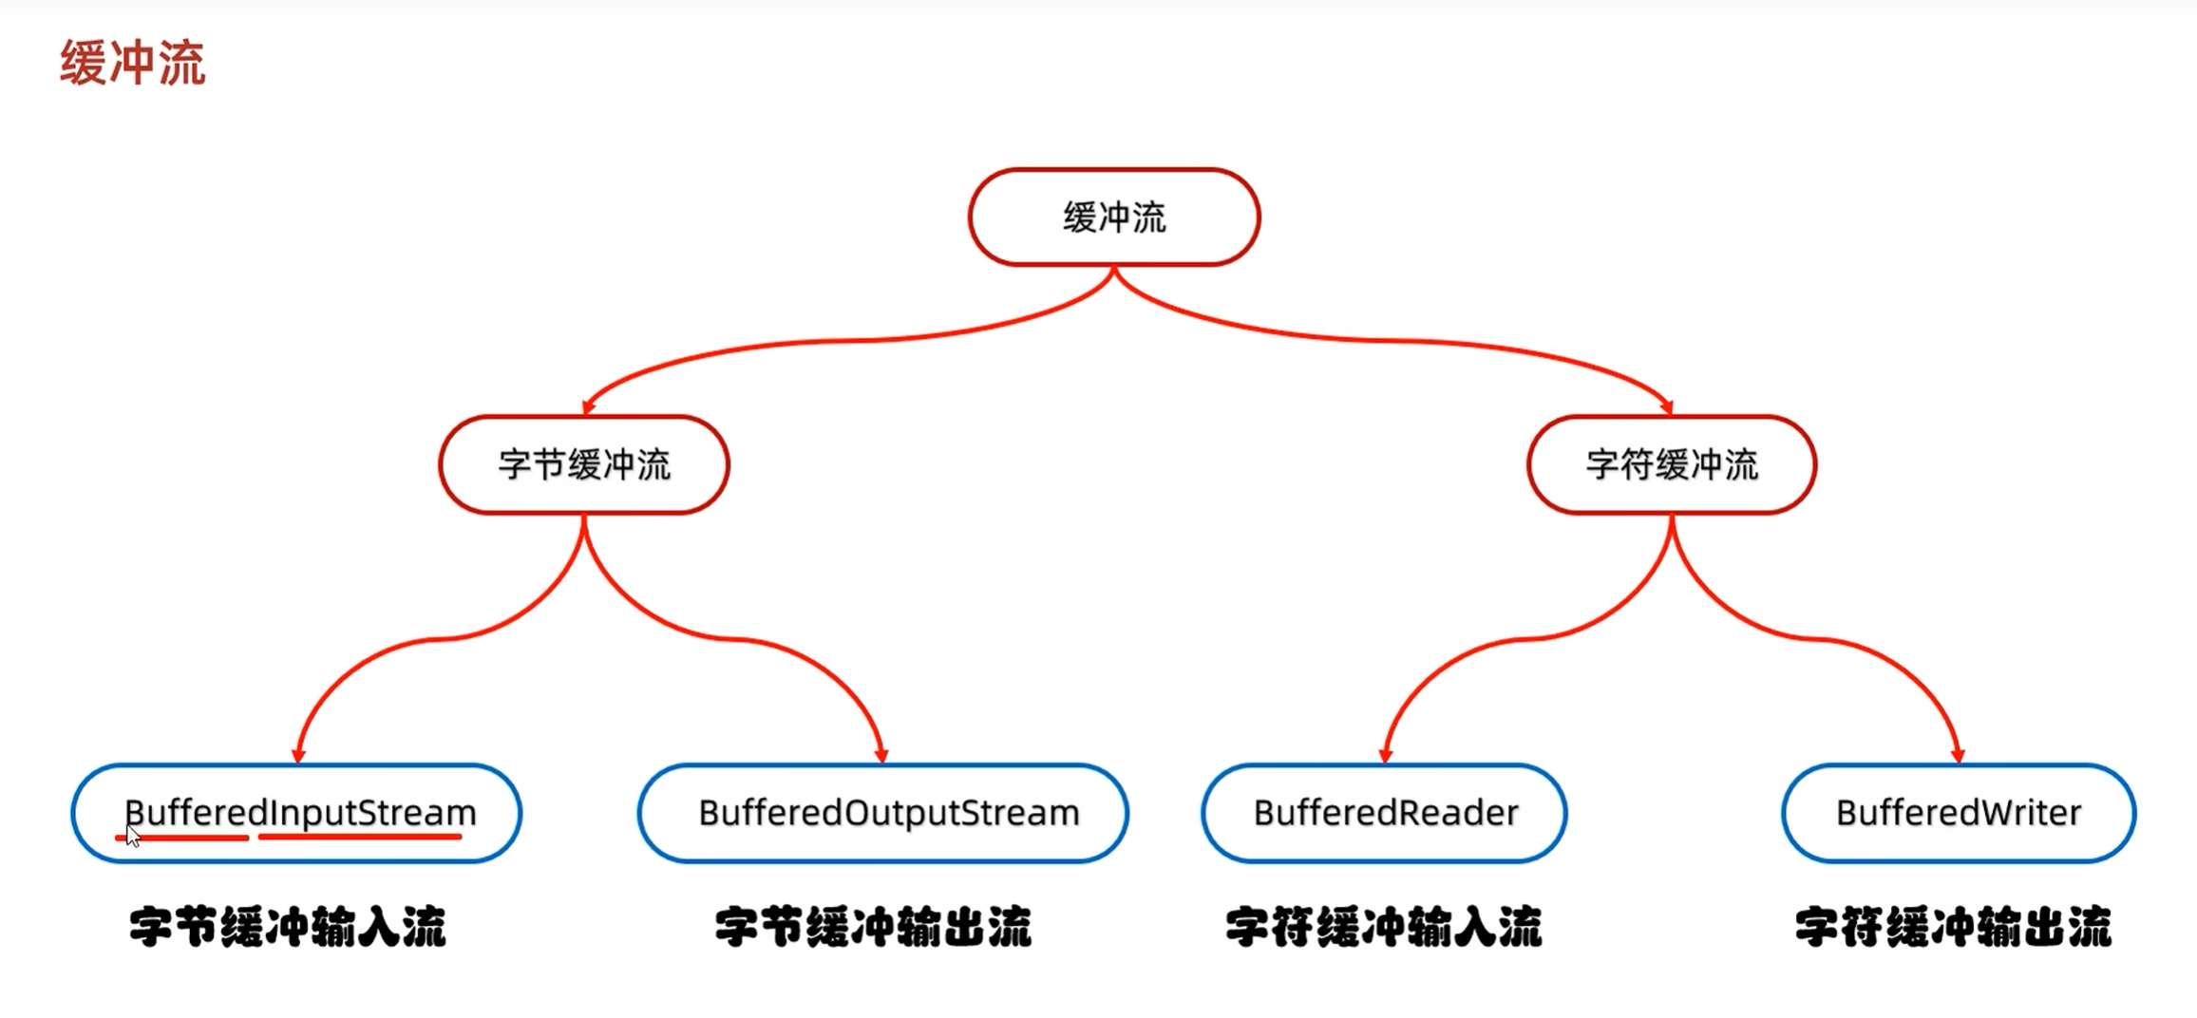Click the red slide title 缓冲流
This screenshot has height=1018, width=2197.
(x=132, y=63)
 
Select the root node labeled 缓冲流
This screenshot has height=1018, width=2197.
(x=1113, y=217)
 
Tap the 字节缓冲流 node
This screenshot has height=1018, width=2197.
(x=583, y=464)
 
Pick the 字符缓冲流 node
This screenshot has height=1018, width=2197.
(x=1671, y=464)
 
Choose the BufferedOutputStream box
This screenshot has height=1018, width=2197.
(x=883, y=813)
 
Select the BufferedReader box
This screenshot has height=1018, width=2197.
(x=1384, y=813)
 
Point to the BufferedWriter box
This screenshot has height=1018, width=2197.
(x=1958, y=813)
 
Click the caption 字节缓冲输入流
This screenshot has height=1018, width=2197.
(x=287, y=927)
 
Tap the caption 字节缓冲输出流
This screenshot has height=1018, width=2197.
(x=872, y=927)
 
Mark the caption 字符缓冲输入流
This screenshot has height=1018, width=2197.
(x=1383, y=927)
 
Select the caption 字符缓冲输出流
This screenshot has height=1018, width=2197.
(x=1953, y=927)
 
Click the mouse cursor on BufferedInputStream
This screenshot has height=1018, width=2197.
(x=132, y=836)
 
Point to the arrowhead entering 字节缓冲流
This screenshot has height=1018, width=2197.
(x=589, y=406)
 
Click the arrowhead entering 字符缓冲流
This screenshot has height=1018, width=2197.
(x=1667, y=406)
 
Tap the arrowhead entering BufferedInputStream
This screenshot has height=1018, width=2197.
(x=298, y=755)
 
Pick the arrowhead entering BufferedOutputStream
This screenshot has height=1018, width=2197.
(x=881, y=755)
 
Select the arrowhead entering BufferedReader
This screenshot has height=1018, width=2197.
(x=1385, y=755)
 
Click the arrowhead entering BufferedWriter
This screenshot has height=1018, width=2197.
(x=1958, y=755)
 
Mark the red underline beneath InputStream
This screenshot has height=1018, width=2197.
(x=359, y=837)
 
